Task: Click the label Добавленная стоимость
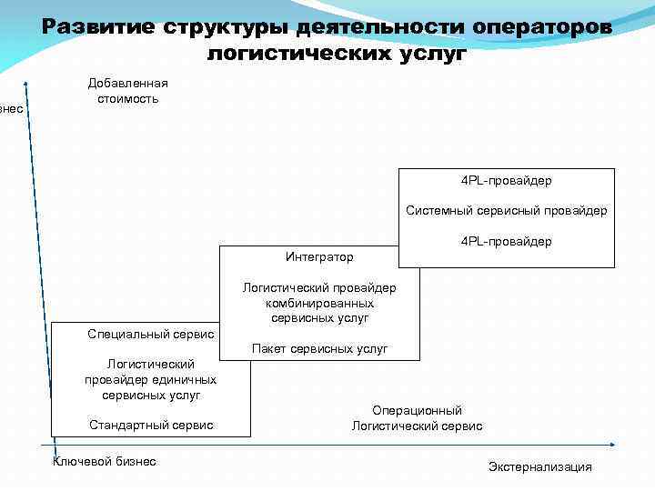click(128, 91)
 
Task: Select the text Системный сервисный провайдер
click(507, 211)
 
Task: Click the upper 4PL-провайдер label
click(507, 181)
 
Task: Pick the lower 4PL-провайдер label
click(507, 242)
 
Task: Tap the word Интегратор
click(319, 257)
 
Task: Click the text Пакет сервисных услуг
click(319, 349)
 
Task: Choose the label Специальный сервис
click(151, 335)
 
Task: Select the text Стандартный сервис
click(151, 425)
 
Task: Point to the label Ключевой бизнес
click(106, 462)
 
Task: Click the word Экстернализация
click(540, 467)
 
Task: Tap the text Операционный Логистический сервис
click(418, 418)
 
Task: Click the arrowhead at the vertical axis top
click(26, 85)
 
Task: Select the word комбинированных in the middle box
click(319, 304)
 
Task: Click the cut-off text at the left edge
click(11, 109)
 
